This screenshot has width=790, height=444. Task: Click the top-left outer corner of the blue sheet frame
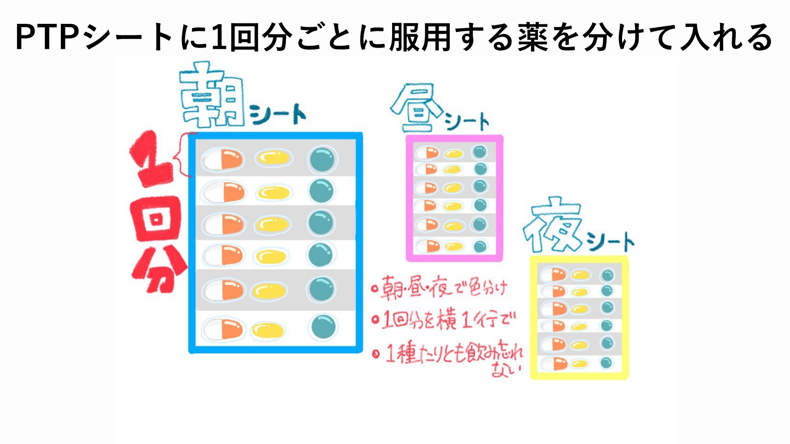tap(189, 133)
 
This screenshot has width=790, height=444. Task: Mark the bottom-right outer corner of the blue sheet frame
tap(362, 353)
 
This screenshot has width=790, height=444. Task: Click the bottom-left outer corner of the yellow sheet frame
tap(531, 379)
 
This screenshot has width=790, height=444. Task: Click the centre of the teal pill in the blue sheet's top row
tap(322, 159)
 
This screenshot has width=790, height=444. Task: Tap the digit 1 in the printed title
tap(218, 37)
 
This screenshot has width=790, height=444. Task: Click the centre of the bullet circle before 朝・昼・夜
tap(374, 289)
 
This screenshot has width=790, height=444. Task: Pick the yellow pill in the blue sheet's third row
tap(272, 224)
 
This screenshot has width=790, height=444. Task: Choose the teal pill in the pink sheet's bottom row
tap(480, 246)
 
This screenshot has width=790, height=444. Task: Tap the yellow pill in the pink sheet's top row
tap(454, 154)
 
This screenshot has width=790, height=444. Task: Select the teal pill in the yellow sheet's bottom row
tap(606, 363)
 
